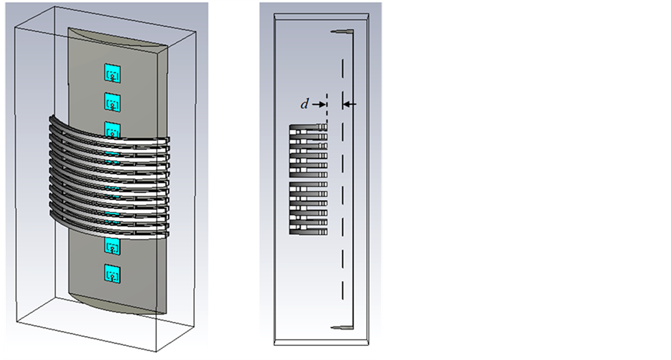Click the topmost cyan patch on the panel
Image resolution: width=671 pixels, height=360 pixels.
112,73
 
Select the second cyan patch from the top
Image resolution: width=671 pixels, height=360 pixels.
112,103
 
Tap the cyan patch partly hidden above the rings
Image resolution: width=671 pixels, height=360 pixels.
112,129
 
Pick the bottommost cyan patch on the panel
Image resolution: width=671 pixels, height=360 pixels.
112,274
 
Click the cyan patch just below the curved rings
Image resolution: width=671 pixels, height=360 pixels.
112,245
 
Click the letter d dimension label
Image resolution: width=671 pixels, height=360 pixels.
304,104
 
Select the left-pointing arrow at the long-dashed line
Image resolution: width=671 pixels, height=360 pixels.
350,104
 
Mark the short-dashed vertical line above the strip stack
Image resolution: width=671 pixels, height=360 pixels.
327,109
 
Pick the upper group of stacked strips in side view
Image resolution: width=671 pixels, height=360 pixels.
309,151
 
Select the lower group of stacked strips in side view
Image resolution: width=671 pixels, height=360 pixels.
309,208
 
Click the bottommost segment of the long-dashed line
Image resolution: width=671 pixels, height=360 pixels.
342,289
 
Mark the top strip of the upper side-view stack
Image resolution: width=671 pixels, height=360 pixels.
309,128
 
